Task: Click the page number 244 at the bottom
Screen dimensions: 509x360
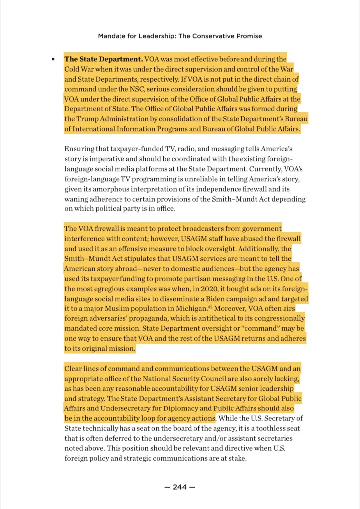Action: click(180, 487)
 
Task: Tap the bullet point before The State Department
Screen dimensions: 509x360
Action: click(53, 59)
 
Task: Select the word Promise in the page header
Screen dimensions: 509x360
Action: click(247, 36)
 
